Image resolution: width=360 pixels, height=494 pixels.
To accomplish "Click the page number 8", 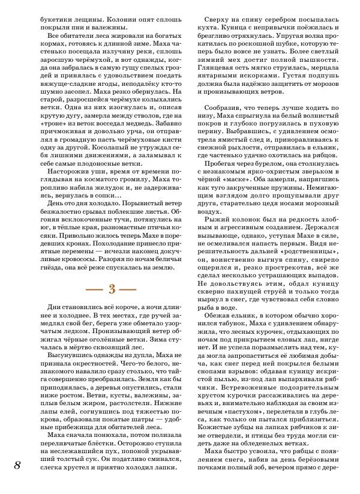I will pos(18,466).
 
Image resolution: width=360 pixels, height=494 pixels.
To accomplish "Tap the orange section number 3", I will pos(111,288).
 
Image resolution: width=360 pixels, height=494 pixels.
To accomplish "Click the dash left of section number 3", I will pos(92,289).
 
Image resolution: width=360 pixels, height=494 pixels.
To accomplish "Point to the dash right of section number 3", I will pos(130,289).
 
